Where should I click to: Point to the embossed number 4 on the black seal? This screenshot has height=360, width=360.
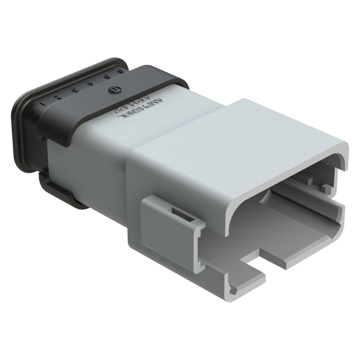[90, 83]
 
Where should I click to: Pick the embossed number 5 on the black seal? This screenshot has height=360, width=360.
[106, 77]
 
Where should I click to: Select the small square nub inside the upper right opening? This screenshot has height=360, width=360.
[326, 188]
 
